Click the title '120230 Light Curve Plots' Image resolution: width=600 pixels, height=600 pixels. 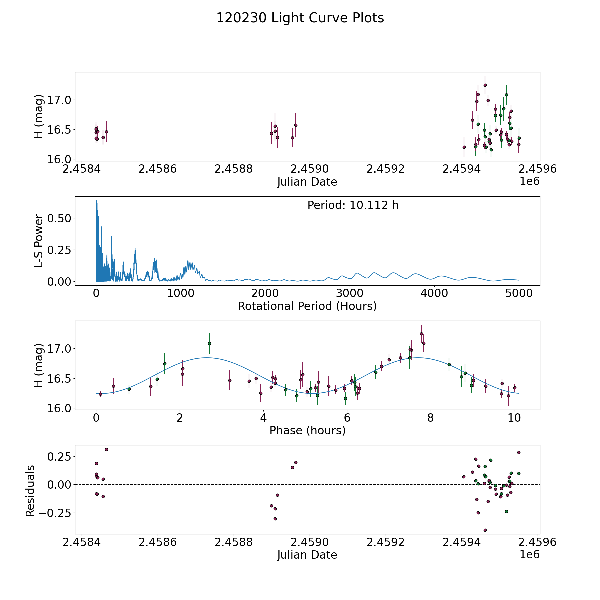click(x=300, y=18)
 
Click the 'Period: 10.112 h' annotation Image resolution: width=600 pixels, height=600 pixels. click(x=353, y=205)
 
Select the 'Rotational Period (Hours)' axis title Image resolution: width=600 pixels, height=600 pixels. click(x=307, y=306)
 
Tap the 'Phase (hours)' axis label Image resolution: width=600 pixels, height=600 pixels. click(x=307, y=430)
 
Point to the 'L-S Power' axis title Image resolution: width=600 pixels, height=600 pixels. click(x=39, y=241)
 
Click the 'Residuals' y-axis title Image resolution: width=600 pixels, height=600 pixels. click(x=30, y=491)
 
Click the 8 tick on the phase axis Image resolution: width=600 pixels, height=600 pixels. click(x=431, y=418)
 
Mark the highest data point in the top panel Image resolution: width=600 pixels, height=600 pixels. click(x=485, y=85)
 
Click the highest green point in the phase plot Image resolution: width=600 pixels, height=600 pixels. click(x=209, y=343)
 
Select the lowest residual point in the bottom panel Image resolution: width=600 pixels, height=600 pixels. click(x=485, y=530)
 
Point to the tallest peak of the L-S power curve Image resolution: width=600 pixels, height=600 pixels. click(x=97, y=201)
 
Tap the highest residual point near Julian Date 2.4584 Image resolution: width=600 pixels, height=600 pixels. click(x=106, y=449)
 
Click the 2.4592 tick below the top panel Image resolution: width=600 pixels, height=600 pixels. click(x=385, y=169)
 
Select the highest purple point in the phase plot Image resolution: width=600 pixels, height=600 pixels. click(x=421, y=334)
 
